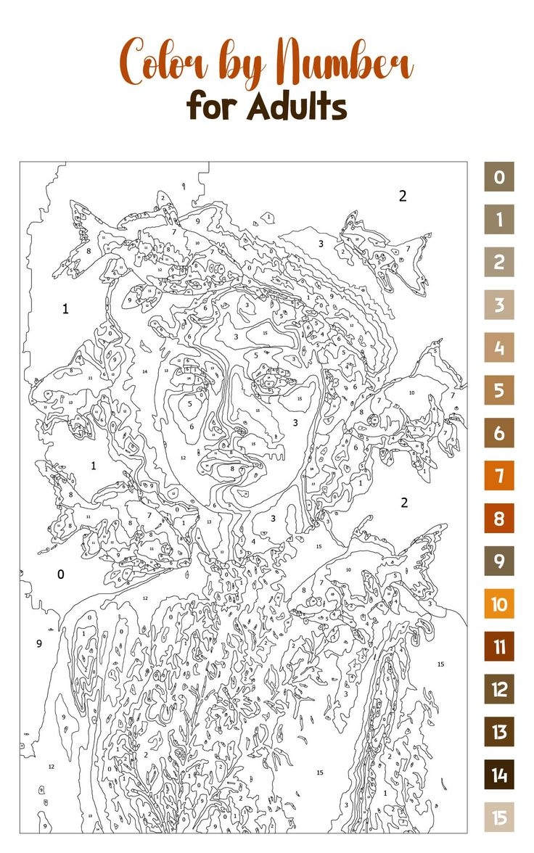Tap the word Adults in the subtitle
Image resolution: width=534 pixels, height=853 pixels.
click(297, 107)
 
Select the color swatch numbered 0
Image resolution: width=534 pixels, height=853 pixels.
click(499, 177)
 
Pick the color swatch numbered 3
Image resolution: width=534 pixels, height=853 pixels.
click(499, 305)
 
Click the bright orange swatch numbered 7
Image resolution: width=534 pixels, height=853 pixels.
click(499, 476)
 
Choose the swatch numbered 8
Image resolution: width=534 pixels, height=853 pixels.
click(499, 519)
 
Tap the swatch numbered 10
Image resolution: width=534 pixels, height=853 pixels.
click(499, 603)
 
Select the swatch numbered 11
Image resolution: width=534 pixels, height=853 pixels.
click(499, 646)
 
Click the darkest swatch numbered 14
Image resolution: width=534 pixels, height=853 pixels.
click(499, 775)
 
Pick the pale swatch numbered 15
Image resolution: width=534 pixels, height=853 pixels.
click(499, 817)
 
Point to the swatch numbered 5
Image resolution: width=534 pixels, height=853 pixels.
click(499, 390)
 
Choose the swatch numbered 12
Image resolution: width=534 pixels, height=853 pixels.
click(499, 689)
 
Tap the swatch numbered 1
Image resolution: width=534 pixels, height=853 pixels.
click(499, 220)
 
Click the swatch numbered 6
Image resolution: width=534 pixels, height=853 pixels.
click(499, 433)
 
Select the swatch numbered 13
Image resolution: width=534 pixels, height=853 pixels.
click(499, 732)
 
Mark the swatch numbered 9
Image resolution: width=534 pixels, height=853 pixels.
click(499, 561)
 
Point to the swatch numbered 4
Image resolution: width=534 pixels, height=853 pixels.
click(499, 347)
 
